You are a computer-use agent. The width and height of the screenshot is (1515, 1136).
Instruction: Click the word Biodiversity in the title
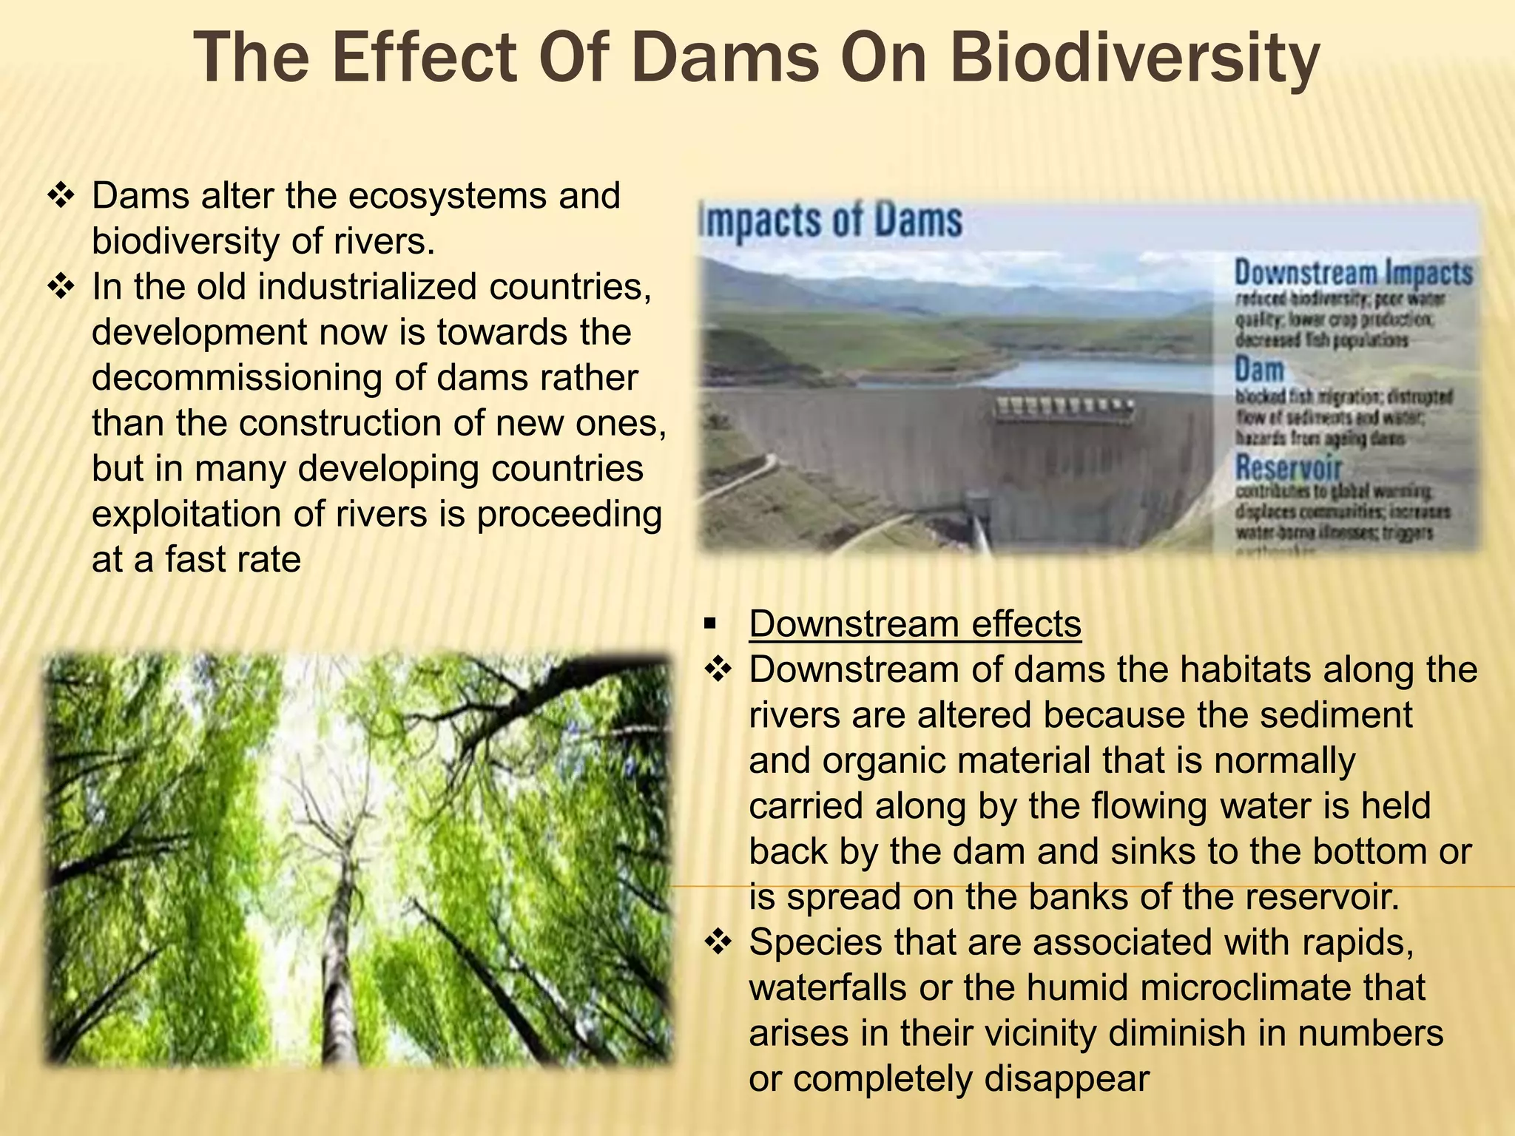[x=1135, y=59]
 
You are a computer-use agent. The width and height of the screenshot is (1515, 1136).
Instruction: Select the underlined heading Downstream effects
[x=915, y=623]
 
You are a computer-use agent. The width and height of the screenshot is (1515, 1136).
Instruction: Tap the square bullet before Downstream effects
[x=711, y=624]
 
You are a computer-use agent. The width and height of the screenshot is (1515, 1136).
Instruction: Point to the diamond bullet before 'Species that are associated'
[x=718, y=943]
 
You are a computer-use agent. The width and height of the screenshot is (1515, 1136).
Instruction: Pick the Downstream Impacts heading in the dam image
[x=1353, y=272]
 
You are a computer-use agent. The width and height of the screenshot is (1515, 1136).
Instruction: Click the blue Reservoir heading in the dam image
[x=1288, y=467]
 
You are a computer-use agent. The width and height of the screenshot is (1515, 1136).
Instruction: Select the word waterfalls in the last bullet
[x=828, y=988]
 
